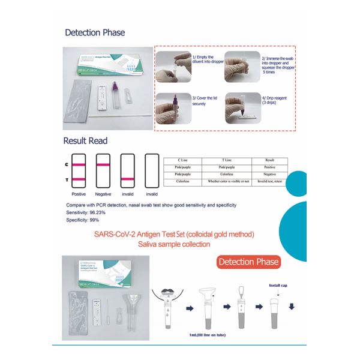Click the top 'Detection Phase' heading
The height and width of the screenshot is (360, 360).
tap(95, 32)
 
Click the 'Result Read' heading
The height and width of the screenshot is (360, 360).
tap(86, 141)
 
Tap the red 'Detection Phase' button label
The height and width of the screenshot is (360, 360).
tap(248, 262)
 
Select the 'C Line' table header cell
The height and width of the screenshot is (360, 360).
tap(182, 160)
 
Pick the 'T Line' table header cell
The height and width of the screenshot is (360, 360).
tap(227, 160)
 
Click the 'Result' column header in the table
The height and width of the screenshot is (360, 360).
tap(269, 160)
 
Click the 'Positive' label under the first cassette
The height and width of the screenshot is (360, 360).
tap(79, 194)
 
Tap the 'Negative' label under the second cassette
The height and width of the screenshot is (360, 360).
tap(103, 194)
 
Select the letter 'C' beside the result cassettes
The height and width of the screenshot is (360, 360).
tap(65, 164)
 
